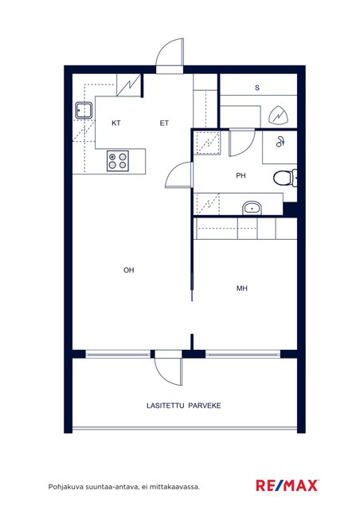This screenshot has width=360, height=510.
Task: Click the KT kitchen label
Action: [116, 123]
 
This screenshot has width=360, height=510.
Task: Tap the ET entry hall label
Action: [164, 123]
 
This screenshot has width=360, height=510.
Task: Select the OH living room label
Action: [129, 270]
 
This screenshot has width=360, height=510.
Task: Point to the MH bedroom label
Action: [242, 288]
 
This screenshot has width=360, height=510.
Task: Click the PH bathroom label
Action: [241, 175]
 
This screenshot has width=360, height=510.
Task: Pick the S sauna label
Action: [257, 88]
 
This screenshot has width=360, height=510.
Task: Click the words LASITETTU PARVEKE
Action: [184, 406]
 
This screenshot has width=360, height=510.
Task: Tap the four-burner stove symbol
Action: [118, 161]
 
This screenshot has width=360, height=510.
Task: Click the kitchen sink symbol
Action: [84, 110]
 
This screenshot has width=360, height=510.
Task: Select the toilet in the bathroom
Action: [285, 178]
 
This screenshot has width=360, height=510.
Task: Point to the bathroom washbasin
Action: [252, 207]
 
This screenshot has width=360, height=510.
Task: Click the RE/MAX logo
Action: [287, 485]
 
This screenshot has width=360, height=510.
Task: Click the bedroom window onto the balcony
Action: [243, 354]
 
